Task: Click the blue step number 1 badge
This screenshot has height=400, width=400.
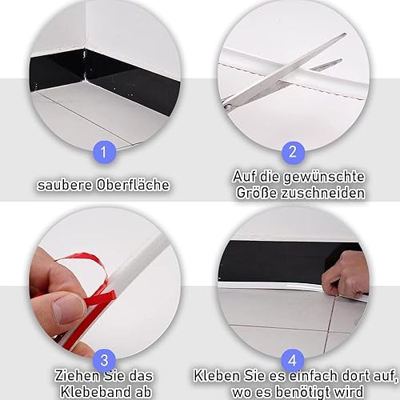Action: click(x=104, y=152)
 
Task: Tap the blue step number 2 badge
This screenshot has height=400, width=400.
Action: click(x=293, y=152)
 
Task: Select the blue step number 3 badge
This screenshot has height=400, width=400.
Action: click(x=105, y=360)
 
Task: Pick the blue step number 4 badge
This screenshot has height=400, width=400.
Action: click(x=293, y=360)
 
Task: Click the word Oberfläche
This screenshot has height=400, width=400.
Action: click(x=133, y=185)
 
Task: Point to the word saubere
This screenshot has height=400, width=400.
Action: click(x=65, y=185)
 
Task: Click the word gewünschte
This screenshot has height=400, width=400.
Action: click(x=323, y=177)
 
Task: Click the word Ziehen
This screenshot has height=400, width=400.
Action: click(x=76, y=376)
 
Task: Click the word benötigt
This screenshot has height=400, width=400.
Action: click(x=303, y=392)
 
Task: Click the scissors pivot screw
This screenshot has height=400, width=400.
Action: click(x=228, y=106)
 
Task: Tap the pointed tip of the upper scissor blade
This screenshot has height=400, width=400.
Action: click(x=345, y=34)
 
